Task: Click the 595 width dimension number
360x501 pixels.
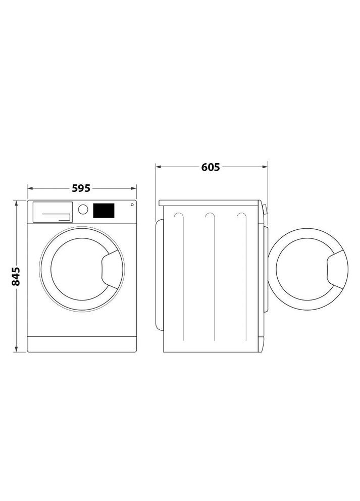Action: click(81, 188)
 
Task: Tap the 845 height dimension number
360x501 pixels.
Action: click(16, 276)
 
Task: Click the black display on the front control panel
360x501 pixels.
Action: click(104, 211)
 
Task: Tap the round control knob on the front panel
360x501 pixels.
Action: click(83, 209)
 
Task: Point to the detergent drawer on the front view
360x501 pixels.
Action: click(52, 212)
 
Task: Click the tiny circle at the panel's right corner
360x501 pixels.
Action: click(132, 205)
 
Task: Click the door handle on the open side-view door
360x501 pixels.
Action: click(337, 269)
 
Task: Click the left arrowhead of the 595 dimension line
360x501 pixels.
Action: click(29, 188)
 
